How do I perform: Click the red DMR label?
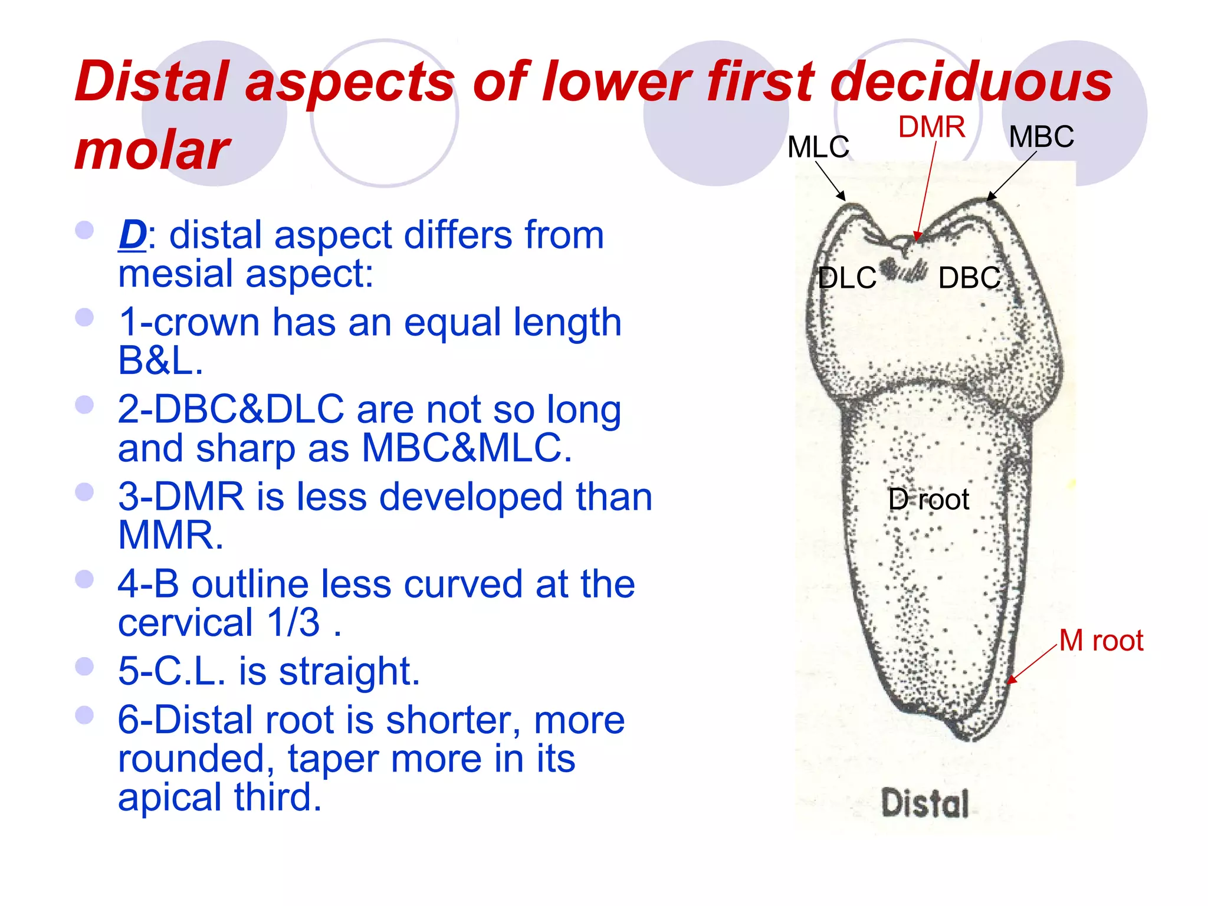(x=931, y=127)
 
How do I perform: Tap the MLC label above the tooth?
(x=818, y=147)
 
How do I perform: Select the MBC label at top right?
(x=1041, y=137)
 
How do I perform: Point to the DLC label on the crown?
(x=847, y=278)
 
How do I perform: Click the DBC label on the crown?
(x=969, y=278)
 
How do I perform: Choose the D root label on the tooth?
(x=928, y=500)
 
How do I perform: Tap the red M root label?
(x=1101, y=641)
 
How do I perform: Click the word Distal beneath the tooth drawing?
(x=925, y=803)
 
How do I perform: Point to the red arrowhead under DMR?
(x=917, y=236)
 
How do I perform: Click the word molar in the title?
(x=152, y=150)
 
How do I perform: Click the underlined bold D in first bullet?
(x=132, y=235)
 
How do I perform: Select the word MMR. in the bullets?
(x=171, y=535)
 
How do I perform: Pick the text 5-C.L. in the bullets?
(x=172, y=671)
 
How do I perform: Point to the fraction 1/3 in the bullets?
(x=293, y=622)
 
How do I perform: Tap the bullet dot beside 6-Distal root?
(x=85, y=715)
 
